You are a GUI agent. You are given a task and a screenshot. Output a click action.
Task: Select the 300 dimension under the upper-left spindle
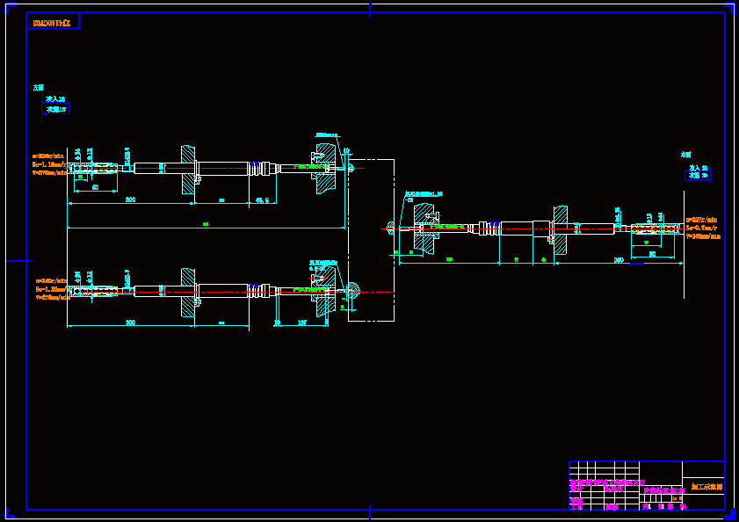click(130, 200)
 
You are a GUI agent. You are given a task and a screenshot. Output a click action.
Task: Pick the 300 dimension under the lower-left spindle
click(130, 323)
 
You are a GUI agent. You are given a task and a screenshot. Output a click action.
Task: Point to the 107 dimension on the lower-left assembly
click(301, 323)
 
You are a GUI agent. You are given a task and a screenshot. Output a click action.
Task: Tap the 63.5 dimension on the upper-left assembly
click(262, 200)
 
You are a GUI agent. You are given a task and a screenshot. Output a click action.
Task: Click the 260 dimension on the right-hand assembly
click(619, 260)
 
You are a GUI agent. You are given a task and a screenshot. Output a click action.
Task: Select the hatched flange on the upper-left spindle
click(188, 168)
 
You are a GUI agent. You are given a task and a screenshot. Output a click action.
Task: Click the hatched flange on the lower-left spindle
click(188, 291)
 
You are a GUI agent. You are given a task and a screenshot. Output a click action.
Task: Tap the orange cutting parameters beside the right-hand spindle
click(703, 228)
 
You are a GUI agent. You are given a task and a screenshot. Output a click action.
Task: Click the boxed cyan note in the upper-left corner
click(56, 105)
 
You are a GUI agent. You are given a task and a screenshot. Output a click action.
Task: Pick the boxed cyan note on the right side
click(698, 171)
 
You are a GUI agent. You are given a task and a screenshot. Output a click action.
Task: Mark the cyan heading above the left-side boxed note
click(38, 88)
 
